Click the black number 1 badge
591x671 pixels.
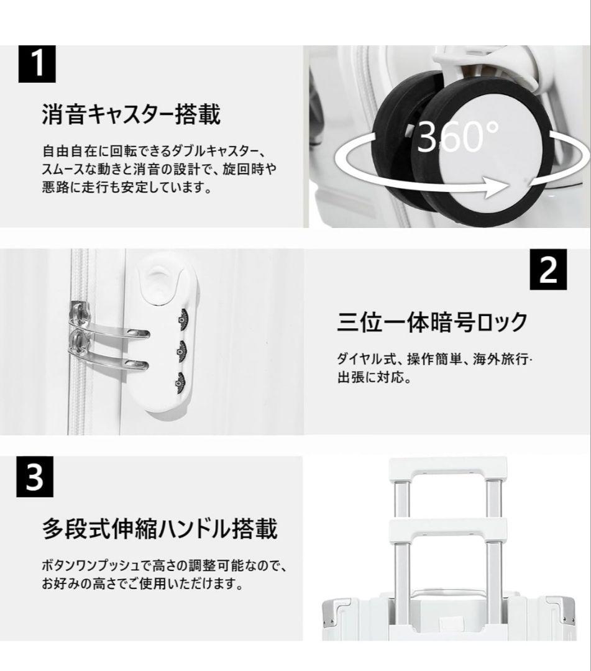[37, 64]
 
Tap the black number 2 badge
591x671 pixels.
[548, 269]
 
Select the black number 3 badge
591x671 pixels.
[35, 477]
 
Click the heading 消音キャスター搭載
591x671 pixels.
[131, 115]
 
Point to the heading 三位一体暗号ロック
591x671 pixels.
[433, 322]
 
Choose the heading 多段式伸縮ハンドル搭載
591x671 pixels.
[160, 529]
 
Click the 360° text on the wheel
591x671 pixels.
[457, 136]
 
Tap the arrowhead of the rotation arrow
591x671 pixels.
[497, 186]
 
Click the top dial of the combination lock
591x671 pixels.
[182, 318]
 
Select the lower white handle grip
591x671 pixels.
[448, 531]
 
